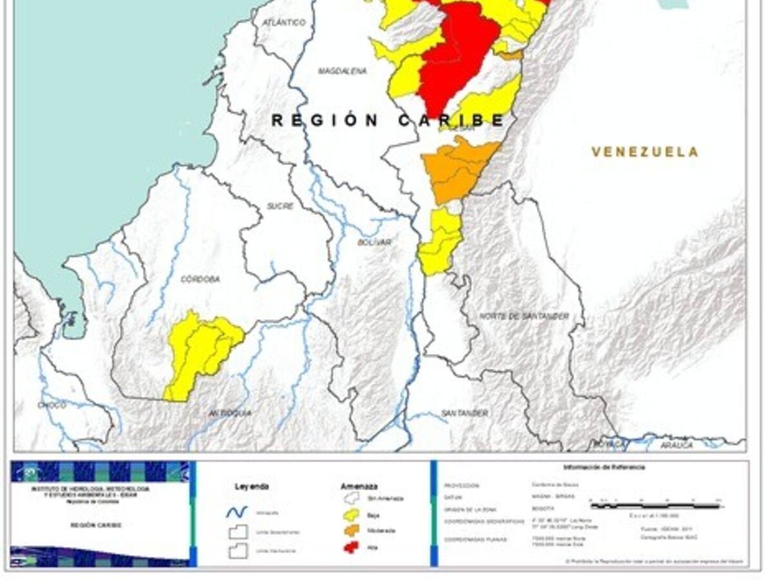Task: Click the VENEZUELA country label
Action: [x=645, y=152]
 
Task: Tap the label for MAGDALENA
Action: [x=343, y=71]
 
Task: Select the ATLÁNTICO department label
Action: [x=284, y=23]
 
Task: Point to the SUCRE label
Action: [x=280, y=206]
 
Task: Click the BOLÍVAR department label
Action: [x=374, y=242]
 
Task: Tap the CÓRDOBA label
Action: [x=200, y=279]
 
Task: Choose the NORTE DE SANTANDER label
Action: [x=524, y=316]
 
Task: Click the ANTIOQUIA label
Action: [x=230, y=412]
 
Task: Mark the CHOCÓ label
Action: [x=52, y=405]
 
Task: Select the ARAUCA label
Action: [x=676, y=445]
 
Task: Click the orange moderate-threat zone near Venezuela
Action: [x=456, y=169]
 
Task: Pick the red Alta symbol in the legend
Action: [x=351, y=547]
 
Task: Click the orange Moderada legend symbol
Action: [x=351, y=530]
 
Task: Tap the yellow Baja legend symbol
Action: [x=351, y=514]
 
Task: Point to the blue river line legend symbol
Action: [x=237, y=512]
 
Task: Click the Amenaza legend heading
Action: [x=359, y=487]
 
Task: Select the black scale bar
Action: [x=655, y=507]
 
